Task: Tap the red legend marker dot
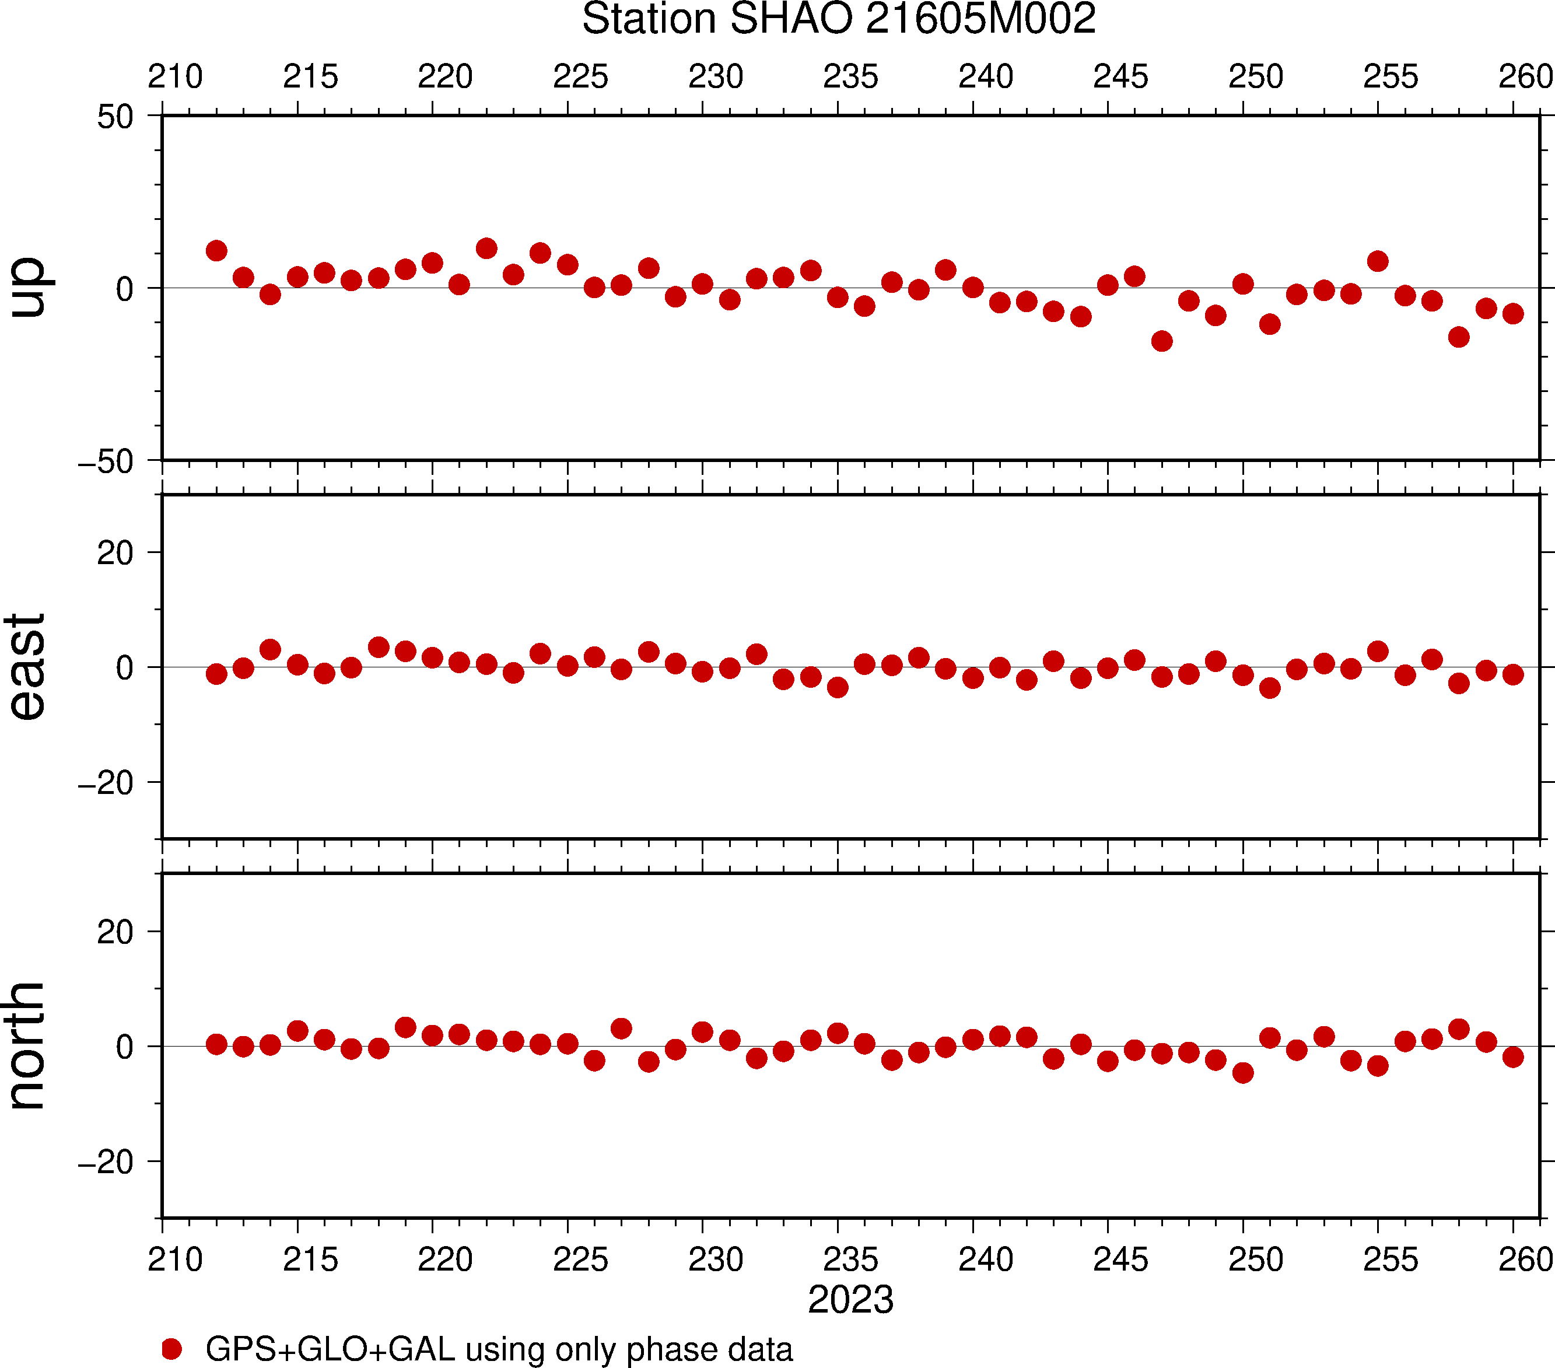(172, 1349)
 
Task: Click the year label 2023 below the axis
(850, 1300)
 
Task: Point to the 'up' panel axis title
(27, 288)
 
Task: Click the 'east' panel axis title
(27, 667)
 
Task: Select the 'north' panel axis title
(27, 1045)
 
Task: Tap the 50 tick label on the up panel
(115, 117)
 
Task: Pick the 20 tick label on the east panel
(115, 553)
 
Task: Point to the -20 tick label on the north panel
(106, 1163)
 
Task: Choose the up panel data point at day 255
(1378, 261)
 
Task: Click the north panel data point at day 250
(1243, 1073)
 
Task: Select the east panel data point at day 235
(838, 688)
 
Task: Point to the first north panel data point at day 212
(216, 1044)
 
